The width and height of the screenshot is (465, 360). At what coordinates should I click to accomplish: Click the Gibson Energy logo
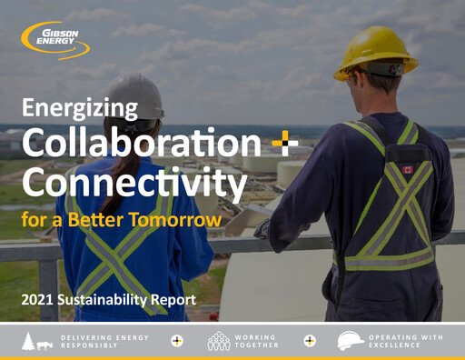coord(56,39)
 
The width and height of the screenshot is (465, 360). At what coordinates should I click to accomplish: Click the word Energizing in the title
coord(79,109)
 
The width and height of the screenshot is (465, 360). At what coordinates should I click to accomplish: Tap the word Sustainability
coord(104,298)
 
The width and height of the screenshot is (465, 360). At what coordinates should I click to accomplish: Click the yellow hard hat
coord(374,52)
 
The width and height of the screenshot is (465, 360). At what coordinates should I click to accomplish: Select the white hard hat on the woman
coord(145,95)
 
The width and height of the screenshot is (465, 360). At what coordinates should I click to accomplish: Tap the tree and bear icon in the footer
coord(35,341)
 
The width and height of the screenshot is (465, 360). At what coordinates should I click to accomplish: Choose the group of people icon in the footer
coord(219,341)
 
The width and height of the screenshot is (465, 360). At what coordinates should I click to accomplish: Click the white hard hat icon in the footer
coord(351,341)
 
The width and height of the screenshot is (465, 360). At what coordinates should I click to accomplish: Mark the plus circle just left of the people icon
coord(177,341)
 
